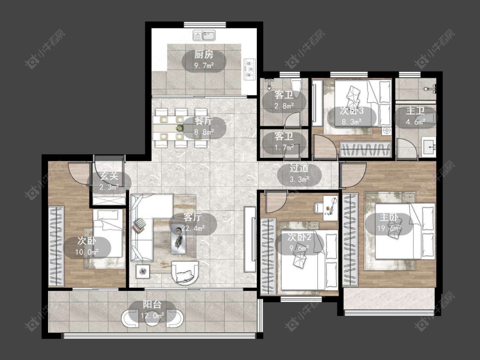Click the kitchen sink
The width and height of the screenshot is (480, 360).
pyautogui.click(x=204, y=35)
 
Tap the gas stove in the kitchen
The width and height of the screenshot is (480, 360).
pyautogui.click(x=250, y=70)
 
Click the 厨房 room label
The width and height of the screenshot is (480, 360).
pyautogui.click(x=204, y=55)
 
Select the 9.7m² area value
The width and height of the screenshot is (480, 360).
pyautogui.click(x=204, y=65)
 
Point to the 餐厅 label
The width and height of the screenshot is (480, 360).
pyautogui.click(x=204, y=121)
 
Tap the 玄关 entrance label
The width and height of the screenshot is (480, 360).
pyautogui.click(x=109, y=176)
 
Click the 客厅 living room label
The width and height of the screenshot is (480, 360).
pyautogui.click(x=192, y=217)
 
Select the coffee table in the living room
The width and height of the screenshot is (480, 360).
pyautogui.click(x=178, y=238)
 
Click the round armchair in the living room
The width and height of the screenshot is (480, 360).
pyautogui.click(x=185, y=273)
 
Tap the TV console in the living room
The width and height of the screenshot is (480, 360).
pyautogui.click(x=250, y=239)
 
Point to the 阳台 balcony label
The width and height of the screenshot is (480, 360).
pyautogui.click(x=152, y=304)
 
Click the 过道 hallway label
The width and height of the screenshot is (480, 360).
pyautogui.click(x=299, y=168)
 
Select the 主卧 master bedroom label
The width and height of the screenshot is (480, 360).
pyautogui.click(x=389, y=217)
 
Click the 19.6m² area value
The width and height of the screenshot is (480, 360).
pyautogui.click(x=389, y=228)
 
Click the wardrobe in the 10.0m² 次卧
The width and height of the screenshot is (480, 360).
pyautogui.click(x=56, y=247)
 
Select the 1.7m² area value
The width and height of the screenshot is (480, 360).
pyautogui.click(x=284, y=148)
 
